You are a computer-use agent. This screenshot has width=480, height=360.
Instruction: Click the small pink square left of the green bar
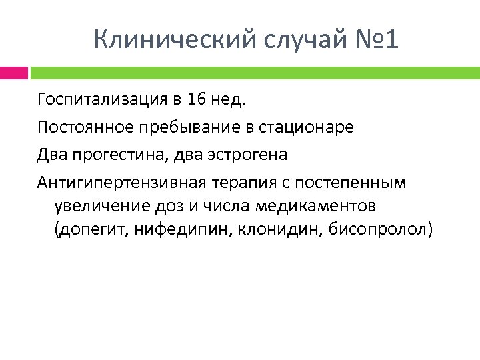[13, 72]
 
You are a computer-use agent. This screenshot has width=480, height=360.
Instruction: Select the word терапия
[245, 182]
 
